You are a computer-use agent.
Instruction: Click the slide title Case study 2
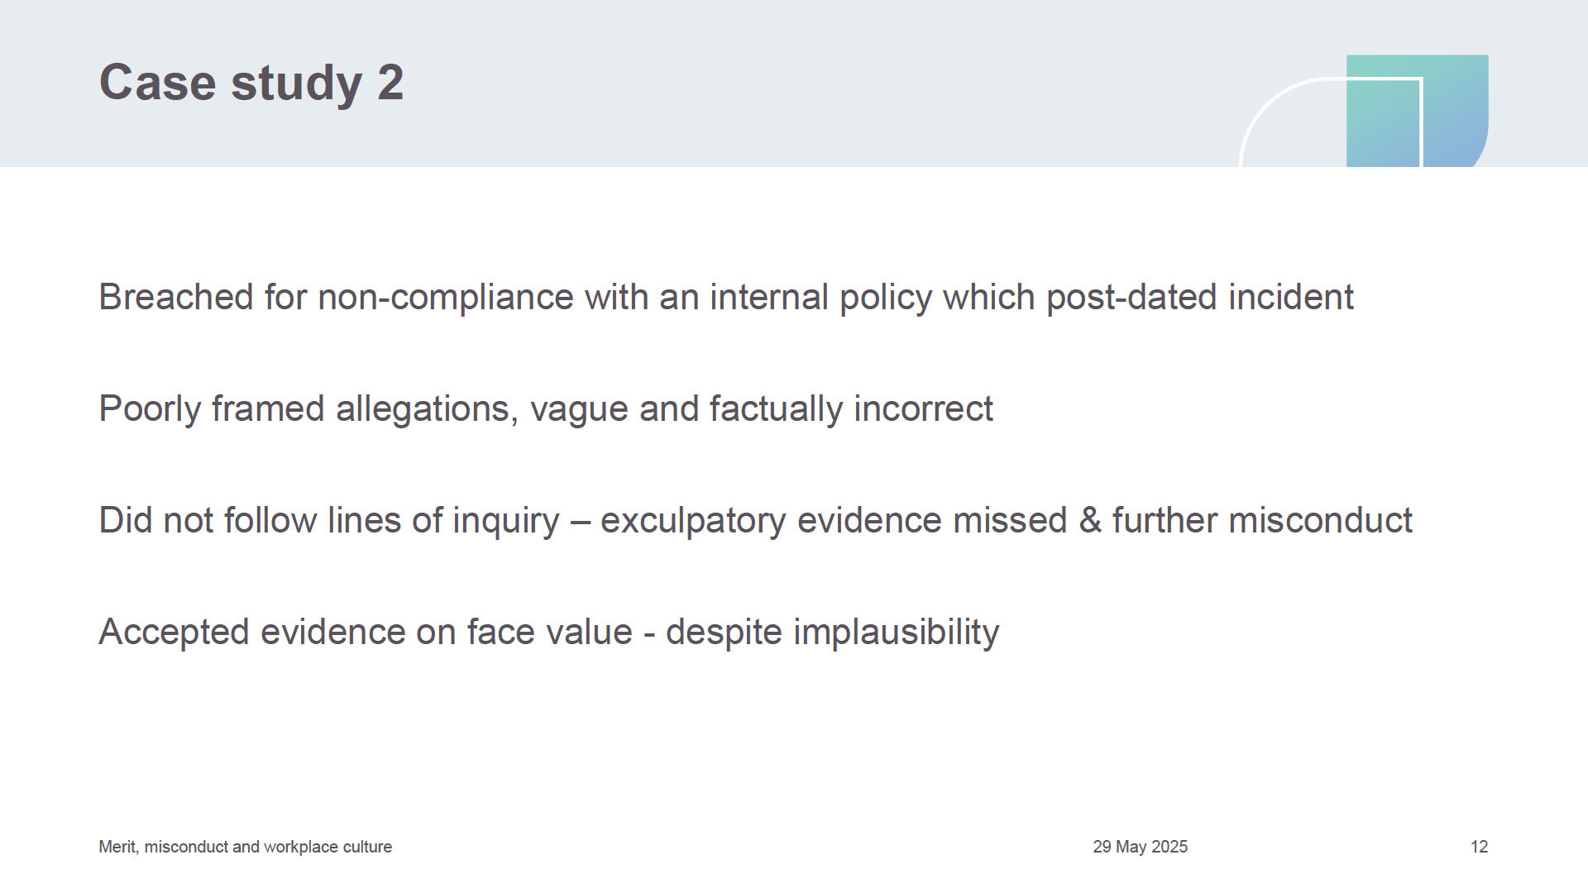pos(251,84)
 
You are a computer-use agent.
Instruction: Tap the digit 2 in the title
pos(390,83)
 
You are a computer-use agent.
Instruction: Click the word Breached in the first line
pos(176,297)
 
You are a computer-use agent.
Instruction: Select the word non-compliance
pos(446,298)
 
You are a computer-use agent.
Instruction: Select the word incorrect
pos(923,408)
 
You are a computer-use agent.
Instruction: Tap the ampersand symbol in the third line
pos(1090,521)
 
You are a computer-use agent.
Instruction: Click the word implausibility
pos(897,633)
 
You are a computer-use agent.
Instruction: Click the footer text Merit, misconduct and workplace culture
pos(246,847)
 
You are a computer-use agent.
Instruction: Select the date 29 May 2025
pos(1141,847)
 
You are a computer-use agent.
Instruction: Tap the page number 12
pos(1480,847)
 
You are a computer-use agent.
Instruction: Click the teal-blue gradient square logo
pos(1418,111)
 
